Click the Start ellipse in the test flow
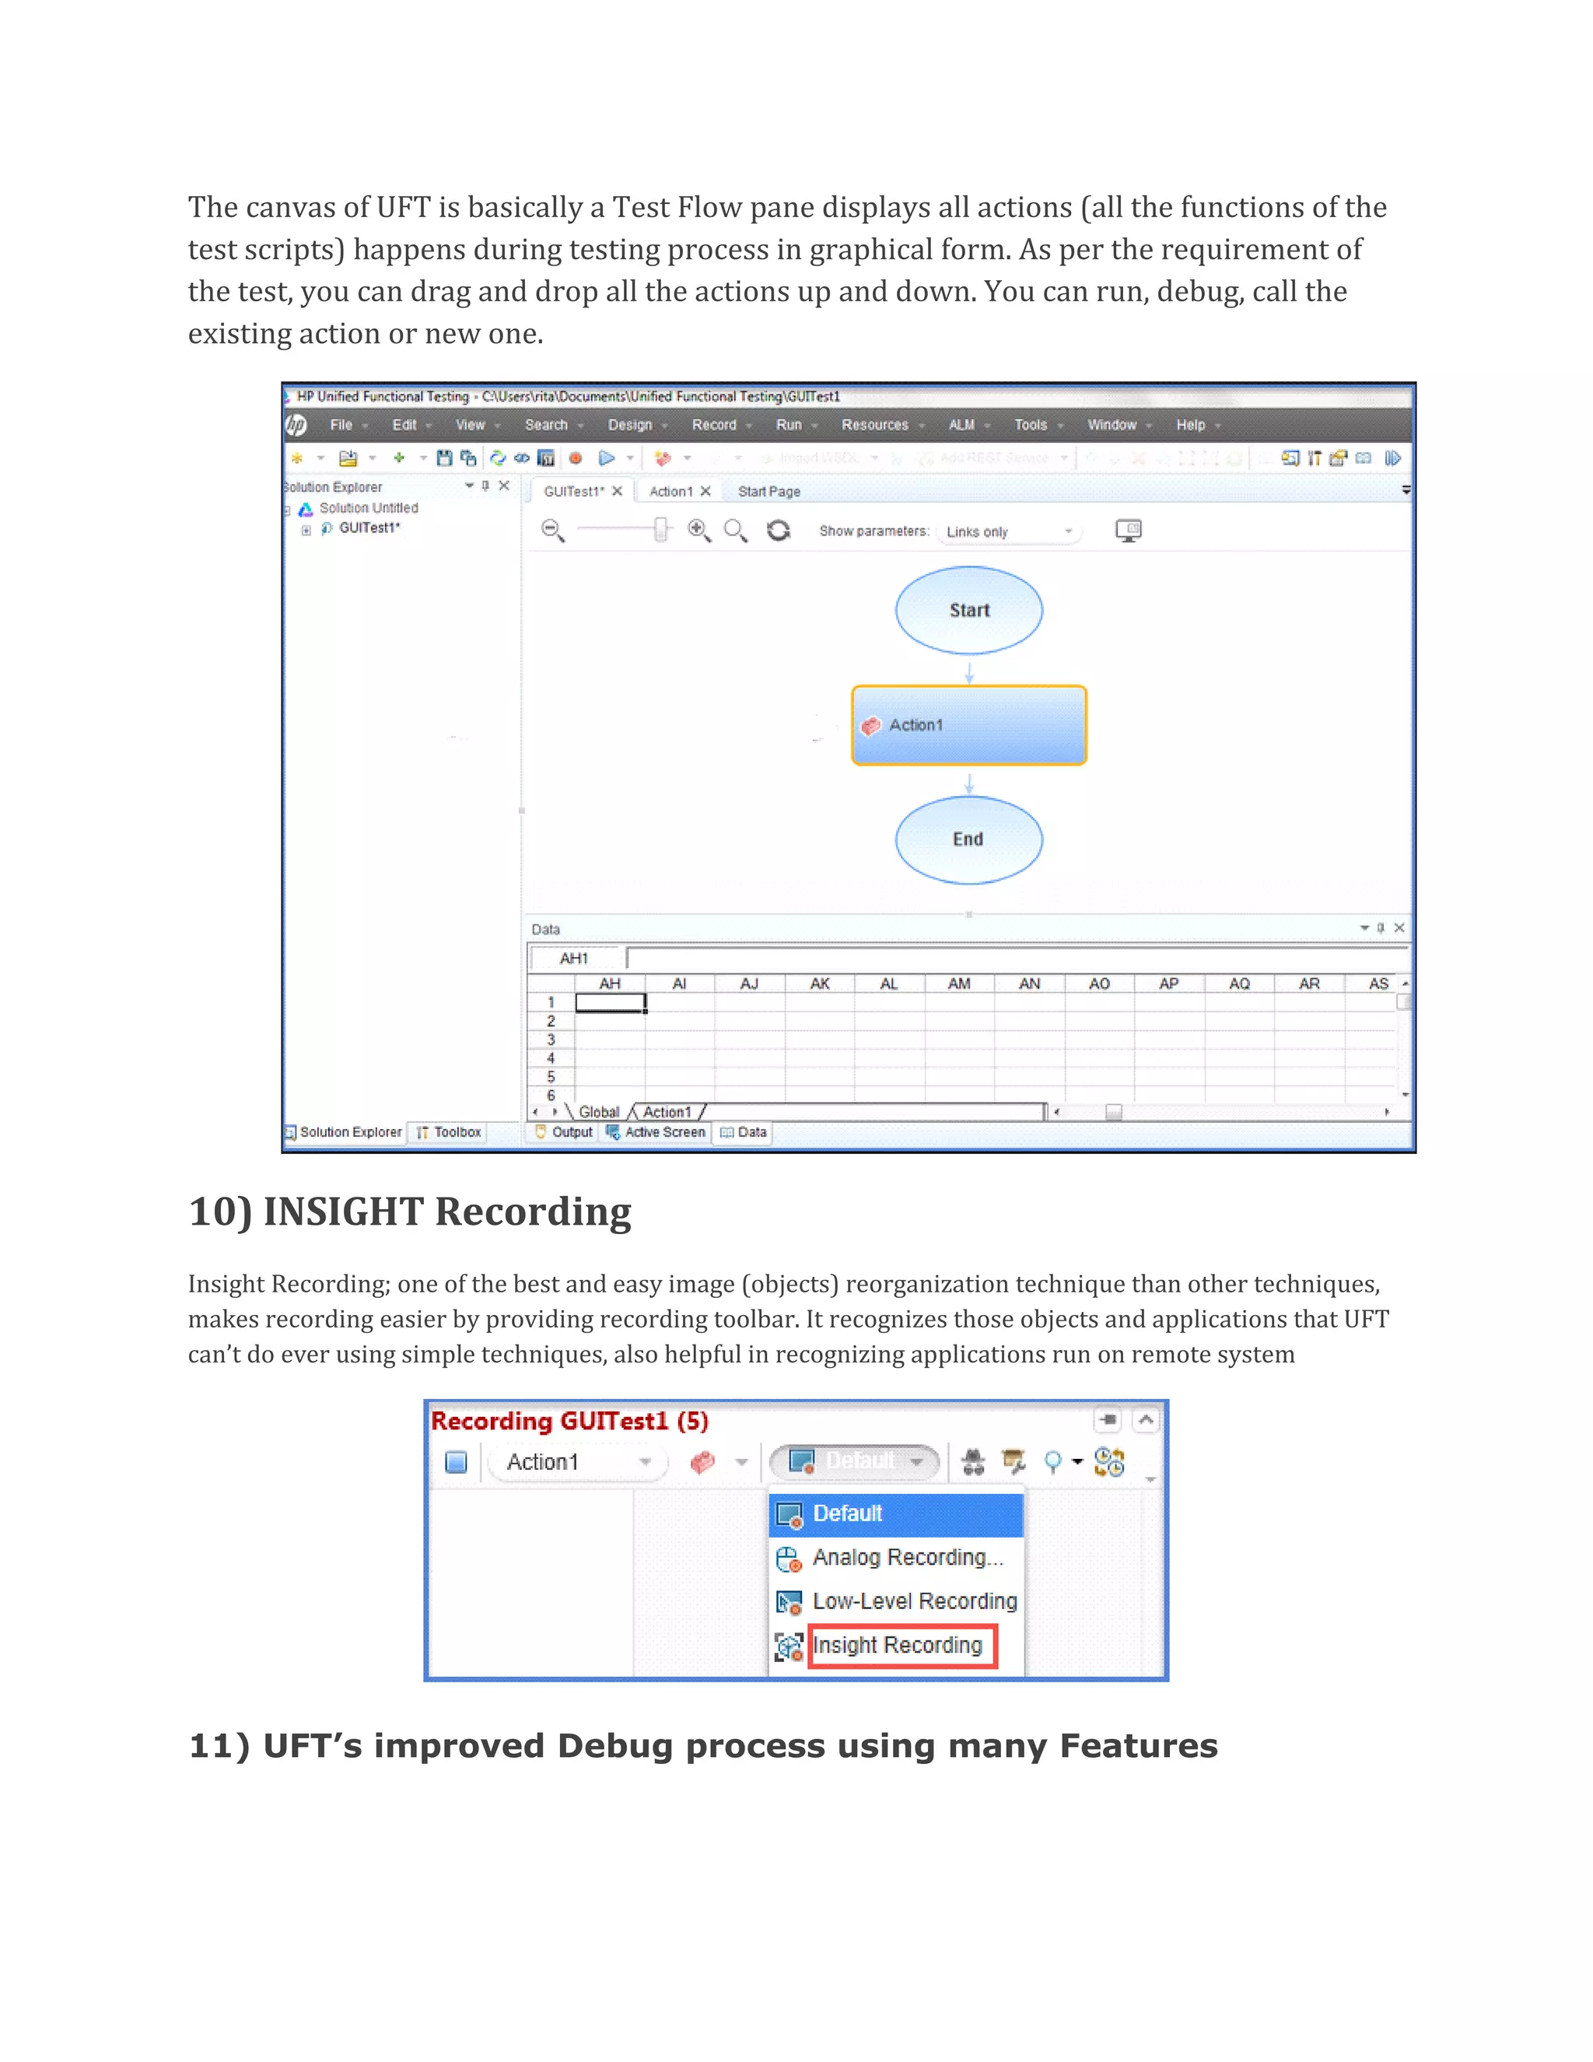tap(968, 610)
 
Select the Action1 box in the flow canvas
tap(968, 725)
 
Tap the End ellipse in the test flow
tap(968, 840)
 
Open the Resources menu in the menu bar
tap(875, 425)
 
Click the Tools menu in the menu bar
tap(1031, 425)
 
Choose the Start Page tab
tap(768, 491)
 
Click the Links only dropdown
tap(1009, 531)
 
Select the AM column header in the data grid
tap(959, 984)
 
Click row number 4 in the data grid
tap(551, 1058)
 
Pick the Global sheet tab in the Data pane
tap(598, 1112)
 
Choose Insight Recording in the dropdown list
tap(897, 1646)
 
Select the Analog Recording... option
tap(907, 1558)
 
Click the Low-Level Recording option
tap(913, 1601)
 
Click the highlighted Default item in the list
tap(848, 1513)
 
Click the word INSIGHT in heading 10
tap(344, 1212)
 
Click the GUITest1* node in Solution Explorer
tap(369, 528)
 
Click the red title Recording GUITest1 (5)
tap(569, 1421)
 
